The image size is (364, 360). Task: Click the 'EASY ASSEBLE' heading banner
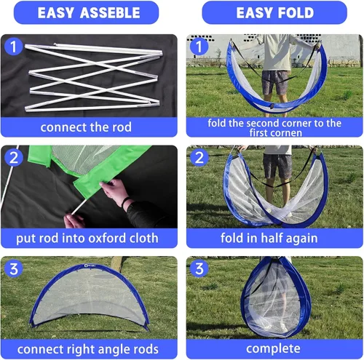[x=86, y=12]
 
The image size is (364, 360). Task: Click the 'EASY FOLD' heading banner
[x=274, y=12]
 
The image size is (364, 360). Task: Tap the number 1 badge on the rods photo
[x=14, y=47]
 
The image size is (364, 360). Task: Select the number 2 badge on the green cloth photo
[x=14, y=158]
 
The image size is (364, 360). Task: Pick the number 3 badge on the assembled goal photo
[x=14, y=268]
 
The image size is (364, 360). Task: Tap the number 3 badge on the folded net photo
[x=199, y=268]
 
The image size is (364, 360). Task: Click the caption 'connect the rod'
[x=86, y=127]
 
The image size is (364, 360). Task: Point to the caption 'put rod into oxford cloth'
[x=87, y=238]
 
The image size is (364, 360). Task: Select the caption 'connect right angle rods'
[x=88, y=349]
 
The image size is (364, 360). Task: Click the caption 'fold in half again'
[x=269, y=238]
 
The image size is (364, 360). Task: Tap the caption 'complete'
[x=273, y=349]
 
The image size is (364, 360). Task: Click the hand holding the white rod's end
[x=74, y=221]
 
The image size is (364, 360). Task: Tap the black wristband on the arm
[x=126, y=202]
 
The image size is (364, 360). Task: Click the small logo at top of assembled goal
[x=90, y=265]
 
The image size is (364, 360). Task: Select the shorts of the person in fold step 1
[x=276, y=82]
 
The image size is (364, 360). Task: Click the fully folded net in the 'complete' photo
[x=276, y=297]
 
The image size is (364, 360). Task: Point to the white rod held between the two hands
[x=79, y=207]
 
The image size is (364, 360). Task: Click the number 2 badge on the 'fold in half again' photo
[x=199, y=158]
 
